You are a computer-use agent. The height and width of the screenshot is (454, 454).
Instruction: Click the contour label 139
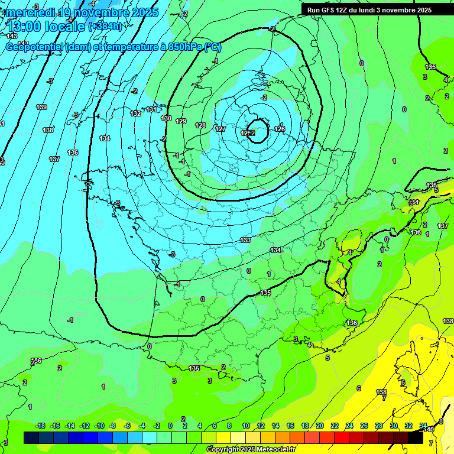coord(41,107)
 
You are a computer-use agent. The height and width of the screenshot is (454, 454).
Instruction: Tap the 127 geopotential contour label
coord(220,129)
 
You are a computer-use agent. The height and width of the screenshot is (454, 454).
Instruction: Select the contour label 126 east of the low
coord(280,129)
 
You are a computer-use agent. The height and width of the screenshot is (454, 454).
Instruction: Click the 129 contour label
coord(181,121)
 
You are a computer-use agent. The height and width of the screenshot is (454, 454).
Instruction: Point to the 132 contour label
coord(136,113)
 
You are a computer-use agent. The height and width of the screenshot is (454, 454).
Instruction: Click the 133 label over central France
coord(246,240)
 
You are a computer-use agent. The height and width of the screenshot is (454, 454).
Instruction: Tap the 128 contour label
coord(201,125)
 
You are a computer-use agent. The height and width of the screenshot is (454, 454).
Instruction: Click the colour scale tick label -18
coord(40,426)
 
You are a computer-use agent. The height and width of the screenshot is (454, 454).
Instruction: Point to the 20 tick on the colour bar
coord(320,426)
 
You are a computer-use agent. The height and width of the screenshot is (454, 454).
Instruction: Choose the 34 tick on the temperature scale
coord(423,426)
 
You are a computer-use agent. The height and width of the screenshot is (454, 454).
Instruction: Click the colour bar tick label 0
coord(170,426)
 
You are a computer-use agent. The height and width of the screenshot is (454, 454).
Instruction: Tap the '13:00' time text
coord(24,27)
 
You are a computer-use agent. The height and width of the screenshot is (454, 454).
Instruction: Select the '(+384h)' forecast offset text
coord(105,27)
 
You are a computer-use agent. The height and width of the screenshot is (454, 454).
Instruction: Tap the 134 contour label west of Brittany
coord(105,138)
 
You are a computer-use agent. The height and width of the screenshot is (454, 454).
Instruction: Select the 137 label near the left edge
coord(54,159)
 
